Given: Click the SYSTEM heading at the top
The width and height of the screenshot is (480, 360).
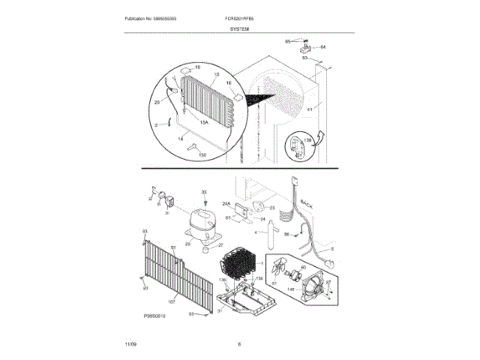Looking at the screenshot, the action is point(240,27).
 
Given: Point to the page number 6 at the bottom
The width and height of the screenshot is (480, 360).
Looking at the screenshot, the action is point(239,343).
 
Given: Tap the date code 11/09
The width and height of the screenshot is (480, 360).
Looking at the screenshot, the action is point(130,343).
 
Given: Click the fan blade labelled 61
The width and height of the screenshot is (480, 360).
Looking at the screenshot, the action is point(279,268).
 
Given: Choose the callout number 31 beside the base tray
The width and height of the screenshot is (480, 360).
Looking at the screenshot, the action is point(219,314).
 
